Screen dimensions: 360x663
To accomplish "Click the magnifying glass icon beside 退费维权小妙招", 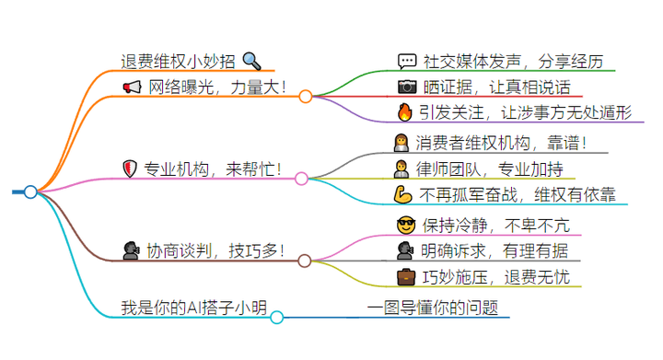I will click(x=251, y=62).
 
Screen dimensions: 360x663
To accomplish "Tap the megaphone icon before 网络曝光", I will click(x=132, y=87).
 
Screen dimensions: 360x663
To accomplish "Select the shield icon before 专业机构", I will click(x=131, y=168).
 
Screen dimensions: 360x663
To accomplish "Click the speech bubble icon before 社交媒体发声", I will click(x=407, y=63).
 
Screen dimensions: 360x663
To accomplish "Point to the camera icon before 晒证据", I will click(x=407, y=87).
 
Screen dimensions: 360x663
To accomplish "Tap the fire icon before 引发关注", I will click(x=405, y=113).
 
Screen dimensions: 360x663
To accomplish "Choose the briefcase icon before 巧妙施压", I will click(x=405, y=276).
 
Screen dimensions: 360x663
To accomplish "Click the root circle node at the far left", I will click(x=30, y=192).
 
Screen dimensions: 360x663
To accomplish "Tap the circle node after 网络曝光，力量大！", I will click(x=305, y=95).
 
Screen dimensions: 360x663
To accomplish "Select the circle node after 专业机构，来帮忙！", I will click(x=301, y=178).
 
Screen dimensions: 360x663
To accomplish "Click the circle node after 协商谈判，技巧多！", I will click(x=304, y=261).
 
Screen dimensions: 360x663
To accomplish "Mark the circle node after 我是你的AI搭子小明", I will click(x=276, y=317).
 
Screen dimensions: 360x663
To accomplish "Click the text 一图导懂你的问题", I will click(x=432, y=308).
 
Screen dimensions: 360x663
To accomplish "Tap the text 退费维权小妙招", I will click(x=178, y=62).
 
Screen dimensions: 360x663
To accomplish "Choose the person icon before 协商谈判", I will click(x=131, y=250).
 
